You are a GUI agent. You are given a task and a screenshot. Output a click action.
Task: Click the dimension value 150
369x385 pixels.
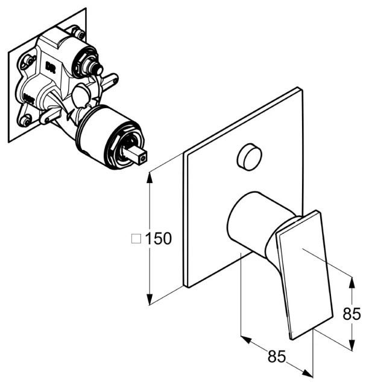coord(159,238)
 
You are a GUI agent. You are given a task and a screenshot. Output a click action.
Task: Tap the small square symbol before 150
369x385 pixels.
coord(136,238)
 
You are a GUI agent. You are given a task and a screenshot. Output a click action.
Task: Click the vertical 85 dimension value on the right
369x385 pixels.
coord(352,314)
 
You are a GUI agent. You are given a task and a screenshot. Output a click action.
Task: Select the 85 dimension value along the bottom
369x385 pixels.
coord(277,356)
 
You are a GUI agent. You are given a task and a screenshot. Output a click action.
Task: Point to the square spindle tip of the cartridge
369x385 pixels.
coord(142,158)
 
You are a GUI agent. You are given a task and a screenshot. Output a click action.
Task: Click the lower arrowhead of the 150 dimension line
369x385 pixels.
coord(149,299)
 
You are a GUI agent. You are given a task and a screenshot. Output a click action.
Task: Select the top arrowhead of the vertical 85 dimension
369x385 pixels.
coord(352,282)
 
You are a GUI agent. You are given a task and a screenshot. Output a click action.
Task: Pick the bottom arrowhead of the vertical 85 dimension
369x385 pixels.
coord(352,345)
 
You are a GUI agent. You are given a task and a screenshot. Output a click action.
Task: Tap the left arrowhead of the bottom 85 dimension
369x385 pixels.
coord(246,340)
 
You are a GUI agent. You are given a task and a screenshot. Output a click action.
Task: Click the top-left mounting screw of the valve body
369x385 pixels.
coord(29,60)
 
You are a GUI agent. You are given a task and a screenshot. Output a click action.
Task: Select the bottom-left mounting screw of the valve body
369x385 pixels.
coord(25,120)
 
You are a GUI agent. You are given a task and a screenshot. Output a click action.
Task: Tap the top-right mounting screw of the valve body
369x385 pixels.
coord(79,33)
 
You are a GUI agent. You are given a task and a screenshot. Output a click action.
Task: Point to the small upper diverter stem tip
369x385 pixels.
coord(99,70)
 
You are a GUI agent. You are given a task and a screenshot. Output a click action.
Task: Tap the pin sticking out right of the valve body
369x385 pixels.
coord(110,80)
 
